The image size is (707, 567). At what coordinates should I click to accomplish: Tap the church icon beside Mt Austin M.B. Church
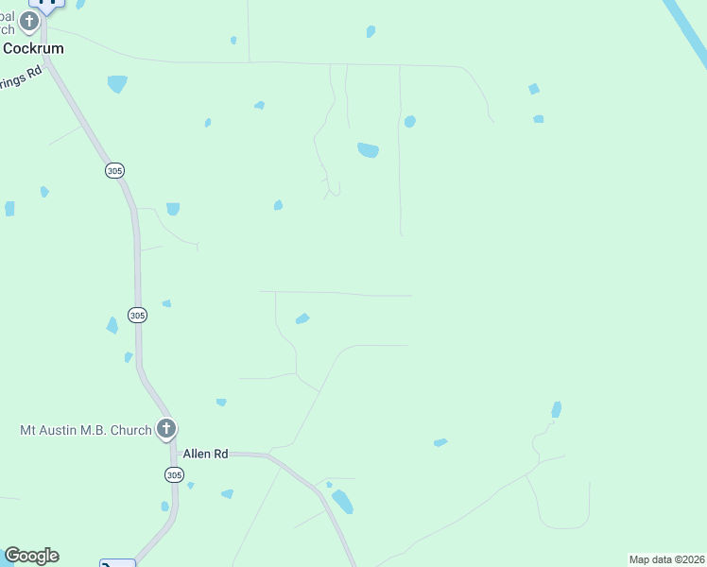pyautogui.click(x=166, y=430)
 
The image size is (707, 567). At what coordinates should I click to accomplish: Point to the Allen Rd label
pyautogui.click(x=206, y=454)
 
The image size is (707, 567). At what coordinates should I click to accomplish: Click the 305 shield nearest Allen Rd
pyautogui.click(x=174, y=474)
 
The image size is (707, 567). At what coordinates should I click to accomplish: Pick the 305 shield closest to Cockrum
pyautogui.click(x=114, y=171)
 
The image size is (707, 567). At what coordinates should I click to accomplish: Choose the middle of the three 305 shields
pyautogui.click(x=138, y=316)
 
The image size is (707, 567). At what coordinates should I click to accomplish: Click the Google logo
pyautogui.click(x=31, y=556)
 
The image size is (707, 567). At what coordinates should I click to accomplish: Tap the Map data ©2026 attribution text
pyautogui.click(x=667, y=559)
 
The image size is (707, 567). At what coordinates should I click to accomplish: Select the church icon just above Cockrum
pyautogui.click(x=29, y=21)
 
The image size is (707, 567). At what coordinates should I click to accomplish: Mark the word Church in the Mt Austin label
pyautogui.click(x=129, y=431)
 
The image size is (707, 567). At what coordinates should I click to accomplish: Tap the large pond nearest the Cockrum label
pyautogui.click(x=117, y=84)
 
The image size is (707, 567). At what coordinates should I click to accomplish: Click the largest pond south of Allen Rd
pyautogui.click(x=342, y=501)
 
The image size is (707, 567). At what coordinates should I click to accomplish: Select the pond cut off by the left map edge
pyautogui.click(x=9, y=209)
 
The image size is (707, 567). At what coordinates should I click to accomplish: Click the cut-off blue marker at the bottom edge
pyautogui.click(x=117, y=563)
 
